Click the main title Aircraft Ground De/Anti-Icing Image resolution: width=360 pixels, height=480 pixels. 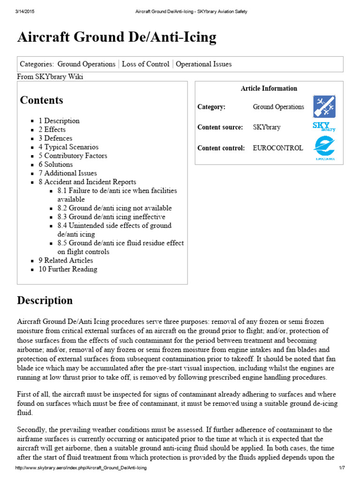coord(117,37)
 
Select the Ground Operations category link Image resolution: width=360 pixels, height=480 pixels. coord(86,64)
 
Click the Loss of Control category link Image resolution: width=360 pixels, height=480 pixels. coord(145,64)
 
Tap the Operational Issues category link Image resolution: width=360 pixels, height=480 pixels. coord(203,64)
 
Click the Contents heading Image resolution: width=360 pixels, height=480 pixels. coord(41,100)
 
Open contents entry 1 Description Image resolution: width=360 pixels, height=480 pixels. coord(59,120)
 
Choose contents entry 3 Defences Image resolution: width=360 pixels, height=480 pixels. coord(55,138)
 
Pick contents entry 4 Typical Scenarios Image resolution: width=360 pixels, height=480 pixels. coord(68,147)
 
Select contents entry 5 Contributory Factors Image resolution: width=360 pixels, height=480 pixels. coord(73,156)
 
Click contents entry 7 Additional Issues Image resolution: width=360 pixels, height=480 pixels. coord(67,173)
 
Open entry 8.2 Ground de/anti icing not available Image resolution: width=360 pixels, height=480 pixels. coord(114,208)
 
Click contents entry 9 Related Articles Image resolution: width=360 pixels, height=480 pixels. coord(66,260)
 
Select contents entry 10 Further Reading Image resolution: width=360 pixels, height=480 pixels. coord(68,269)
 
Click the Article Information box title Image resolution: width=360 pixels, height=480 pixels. coord(269,88)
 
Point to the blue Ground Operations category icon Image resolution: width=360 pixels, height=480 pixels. coord(324,107)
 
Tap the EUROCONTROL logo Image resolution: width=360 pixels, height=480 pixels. coord(324,148)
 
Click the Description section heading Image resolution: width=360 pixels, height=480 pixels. coord(45,300)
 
